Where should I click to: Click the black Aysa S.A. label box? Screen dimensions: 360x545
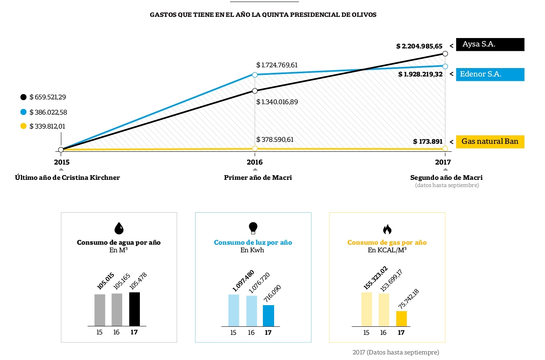coord(490,44)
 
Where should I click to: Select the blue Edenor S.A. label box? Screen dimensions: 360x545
coord(490,74)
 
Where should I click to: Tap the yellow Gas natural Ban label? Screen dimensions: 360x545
coord(490,142)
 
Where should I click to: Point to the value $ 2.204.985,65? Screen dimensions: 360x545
coord(419,46)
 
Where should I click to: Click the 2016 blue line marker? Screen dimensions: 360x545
coord(255,75)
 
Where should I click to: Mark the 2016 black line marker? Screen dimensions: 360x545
coord(255,91)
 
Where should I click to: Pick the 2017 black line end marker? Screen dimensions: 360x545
coord(445,54)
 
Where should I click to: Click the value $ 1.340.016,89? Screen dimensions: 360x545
coord(277,102)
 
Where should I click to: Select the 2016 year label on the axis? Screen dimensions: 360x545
coord(255,162)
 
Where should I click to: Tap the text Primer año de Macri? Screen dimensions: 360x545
coord(258,177)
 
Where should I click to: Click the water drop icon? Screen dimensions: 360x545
coord(119,228)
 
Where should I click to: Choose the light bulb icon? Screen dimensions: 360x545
coord(253,228)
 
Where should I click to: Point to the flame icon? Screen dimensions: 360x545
coord(387,229)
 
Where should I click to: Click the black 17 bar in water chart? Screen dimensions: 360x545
coord(135,309)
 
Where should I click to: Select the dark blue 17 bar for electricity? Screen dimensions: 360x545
coord(268,316)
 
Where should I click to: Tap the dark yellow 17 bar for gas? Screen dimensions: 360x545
coord(402,319)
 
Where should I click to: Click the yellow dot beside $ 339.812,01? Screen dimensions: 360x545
coord(23,126)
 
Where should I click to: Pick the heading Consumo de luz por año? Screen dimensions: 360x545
coord(253,243)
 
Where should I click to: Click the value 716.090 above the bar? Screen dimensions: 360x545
coord(272,294)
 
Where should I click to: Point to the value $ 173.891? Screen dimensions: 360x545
coord(428,142)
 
